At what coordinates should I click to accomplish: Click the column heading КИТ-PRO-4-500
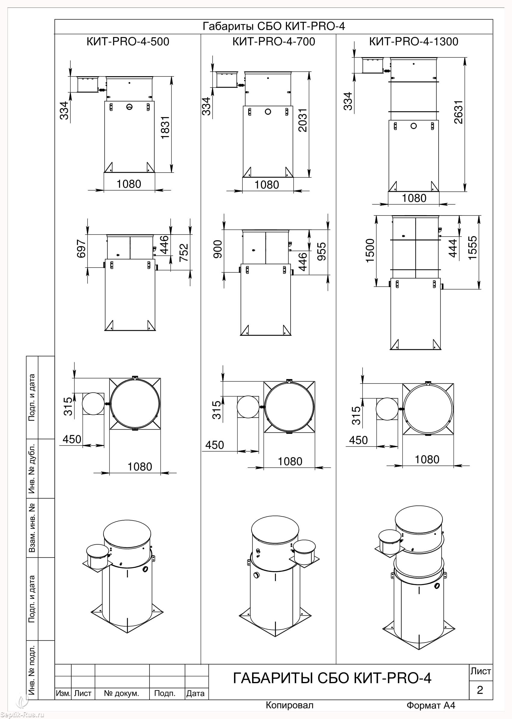128,42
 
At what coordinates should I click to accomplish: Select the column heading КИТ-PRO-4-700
274,42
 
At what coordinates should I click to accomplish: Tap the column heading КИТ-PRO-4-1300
414,42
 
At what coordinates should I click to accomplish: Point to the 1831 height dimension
165,127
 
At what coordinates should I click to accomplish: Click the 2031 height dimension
302,120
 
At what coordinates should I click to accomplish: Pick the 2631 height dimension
458,112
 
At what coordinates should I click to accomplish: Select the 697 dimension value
81,249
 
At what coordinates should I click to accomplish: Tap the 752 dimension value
184,252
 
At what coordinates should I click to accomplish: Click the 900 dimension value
218,249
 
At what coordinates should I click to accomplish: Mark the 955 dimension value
322,251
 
